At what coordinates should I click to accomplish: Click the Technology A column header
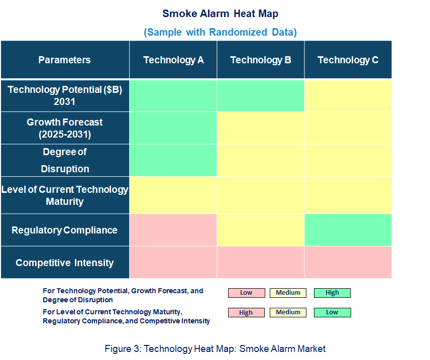pos(173,60)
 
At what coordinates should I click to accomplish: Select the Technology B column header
pos(261,60)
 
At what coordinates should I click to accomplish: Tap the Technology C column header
pos(348,60)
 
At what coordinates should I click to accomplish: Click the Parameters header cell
pos(65,60)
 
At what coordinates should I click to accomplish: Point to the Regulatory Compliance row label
pos(65,230)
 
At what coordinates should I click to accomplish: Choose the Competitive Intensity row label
pos(65,263)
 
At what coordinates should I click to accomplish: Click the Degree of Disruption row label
pos(65,160)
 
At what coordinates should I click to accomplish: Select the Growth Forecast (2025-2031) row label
pos(65,128)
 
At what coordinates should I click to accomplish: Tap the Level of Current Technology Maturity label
pos(65,195)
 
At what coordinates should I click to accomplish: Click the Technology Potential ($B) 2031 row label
pos(65,96)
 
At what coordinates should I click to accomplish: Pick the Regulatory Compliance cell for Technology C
pos(348,230)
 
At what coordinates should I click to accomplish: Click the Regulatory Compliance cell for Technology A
pos(173,230)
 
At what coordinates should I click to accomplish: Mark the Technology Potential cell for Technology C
pos(348,96)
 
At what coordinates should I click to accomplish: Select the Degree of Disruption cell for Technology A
pos(173,160)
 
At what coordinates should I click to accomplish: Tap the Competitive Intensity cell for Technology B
pos(261,263)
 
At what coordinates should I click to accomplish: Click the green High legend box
pos(332,293)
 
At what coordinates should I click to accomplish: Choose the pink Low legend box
pos(247,293)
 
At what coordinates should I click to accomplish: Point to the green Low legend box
pos(332,313)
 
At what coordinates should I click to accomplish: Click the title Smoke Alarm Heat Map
pos(220,14)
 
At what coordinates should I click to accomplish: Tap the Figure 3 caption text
pos(215,349)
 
